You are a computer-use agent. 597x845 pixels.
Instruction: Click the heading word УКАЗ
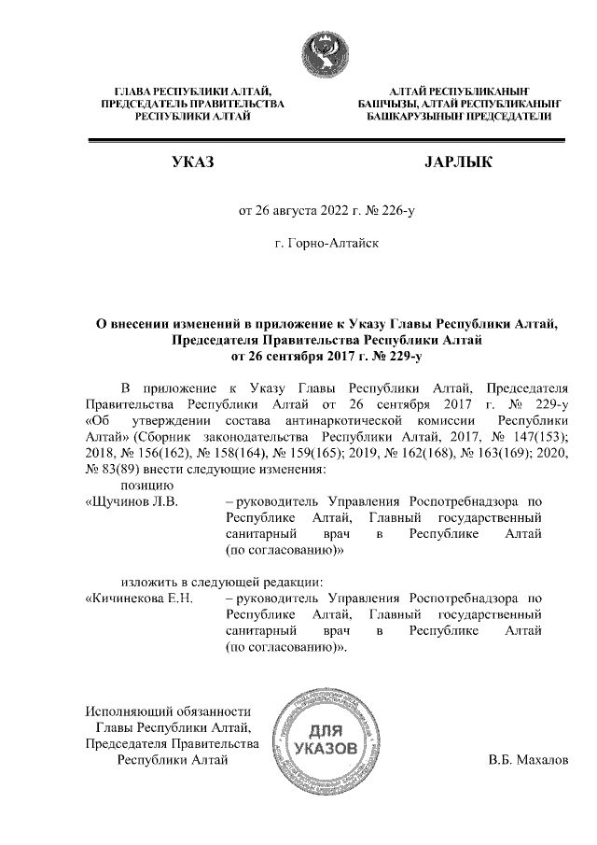[194, 164]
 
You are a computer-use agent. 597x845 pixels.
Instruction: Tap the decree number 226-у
[396, 210]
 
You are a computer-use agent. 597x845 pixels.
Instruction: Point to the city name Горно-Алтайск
[327, 243]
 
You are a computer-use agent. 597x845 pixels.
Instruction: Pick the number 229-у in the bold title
[407, 356]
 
